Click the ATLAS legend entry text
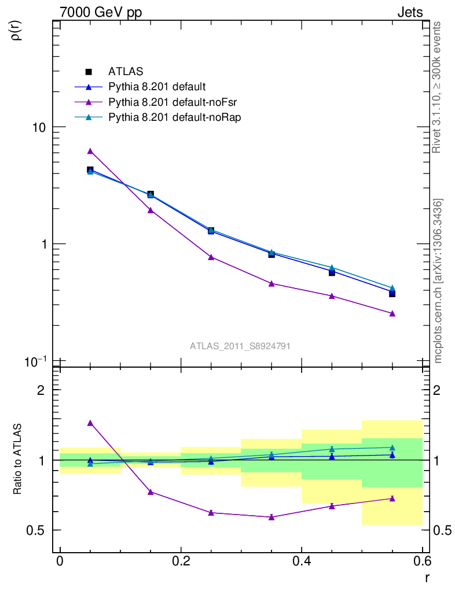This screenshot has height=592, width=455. [x=126, y=72]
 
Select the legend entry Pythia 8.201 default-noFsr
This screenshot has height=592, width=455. [x=173, y=102]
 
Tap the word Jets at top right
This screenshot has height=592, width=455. [x=409, y=13]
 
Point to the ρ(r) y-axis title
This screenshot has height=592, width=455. [x=17, y=29]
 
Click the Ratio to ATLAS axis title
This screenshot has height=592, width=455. [x=18, y=460]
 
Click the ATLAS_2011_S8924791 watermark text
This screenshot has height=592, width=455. [x=240, y=346]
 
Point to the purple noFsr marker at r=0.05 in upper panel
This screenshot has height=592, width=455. [x=90, y=151]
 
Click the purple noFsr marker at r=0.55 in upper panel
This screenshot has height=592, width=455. [x=392, y=313]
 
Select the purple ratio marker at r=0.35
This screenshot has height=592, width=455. [x=271, y=517]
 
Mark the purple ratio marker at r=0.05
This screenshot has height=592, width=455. [x=90, y=423]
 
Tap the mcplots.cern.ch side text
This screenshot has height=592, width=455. [x=438, y=282]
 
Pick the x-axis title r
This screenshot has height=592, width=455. [x=427, y=576]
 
